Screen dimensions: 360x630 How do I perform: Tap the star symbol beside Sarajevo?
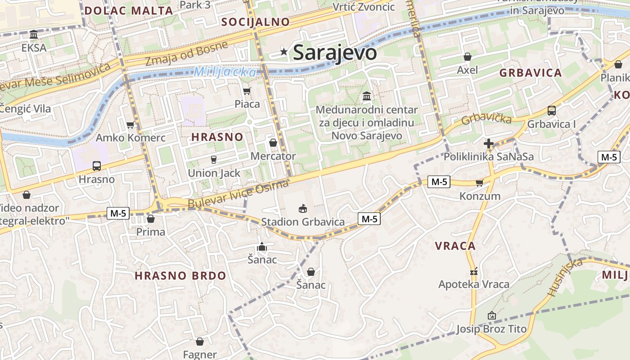(x=284, y=52)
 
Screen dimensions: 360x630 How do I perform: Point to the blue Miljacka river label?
(x=225, y=72)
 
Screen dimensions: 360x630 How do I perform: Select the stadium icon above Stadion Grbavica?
(x=303, y=208)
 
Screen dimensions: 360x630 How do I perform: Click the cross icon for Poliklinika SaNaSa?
(x=488, y=144)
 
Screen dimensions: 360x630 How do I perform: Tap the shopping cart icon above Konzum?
(x=479, y=183)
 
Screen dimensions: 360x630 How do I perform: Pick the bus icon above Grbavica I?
(x=551, y=111)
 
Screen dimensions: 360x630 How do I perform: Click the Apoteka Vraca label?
(x=474, y=284)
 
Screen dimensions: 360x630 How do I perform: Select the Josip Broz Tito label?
(x=491, y=329)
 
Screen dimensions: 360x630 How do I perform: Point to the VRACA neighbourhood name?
(x=455, y=246)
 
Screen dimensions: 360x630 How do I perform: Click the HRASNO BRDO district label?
(x=180, y=276)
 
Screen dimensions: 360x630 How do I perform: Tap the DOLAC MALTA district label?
(x=129, y=11)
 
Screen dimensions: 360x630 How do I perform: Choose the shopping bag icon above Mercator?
(x=273, y=143)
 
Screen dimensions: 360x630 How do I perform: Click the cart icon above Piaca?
(x=247, y=91)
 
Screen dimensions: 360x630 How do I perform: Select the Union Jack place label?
(x=214, y=173)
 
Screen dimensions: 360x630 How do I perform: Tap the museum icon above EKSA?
(x=34, y=35)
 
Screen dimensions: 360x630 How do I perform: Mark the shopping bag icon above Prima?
(x=151, y=219)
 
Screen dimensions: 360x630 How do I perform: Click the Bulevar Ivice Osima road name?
(x=238, y=194)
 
